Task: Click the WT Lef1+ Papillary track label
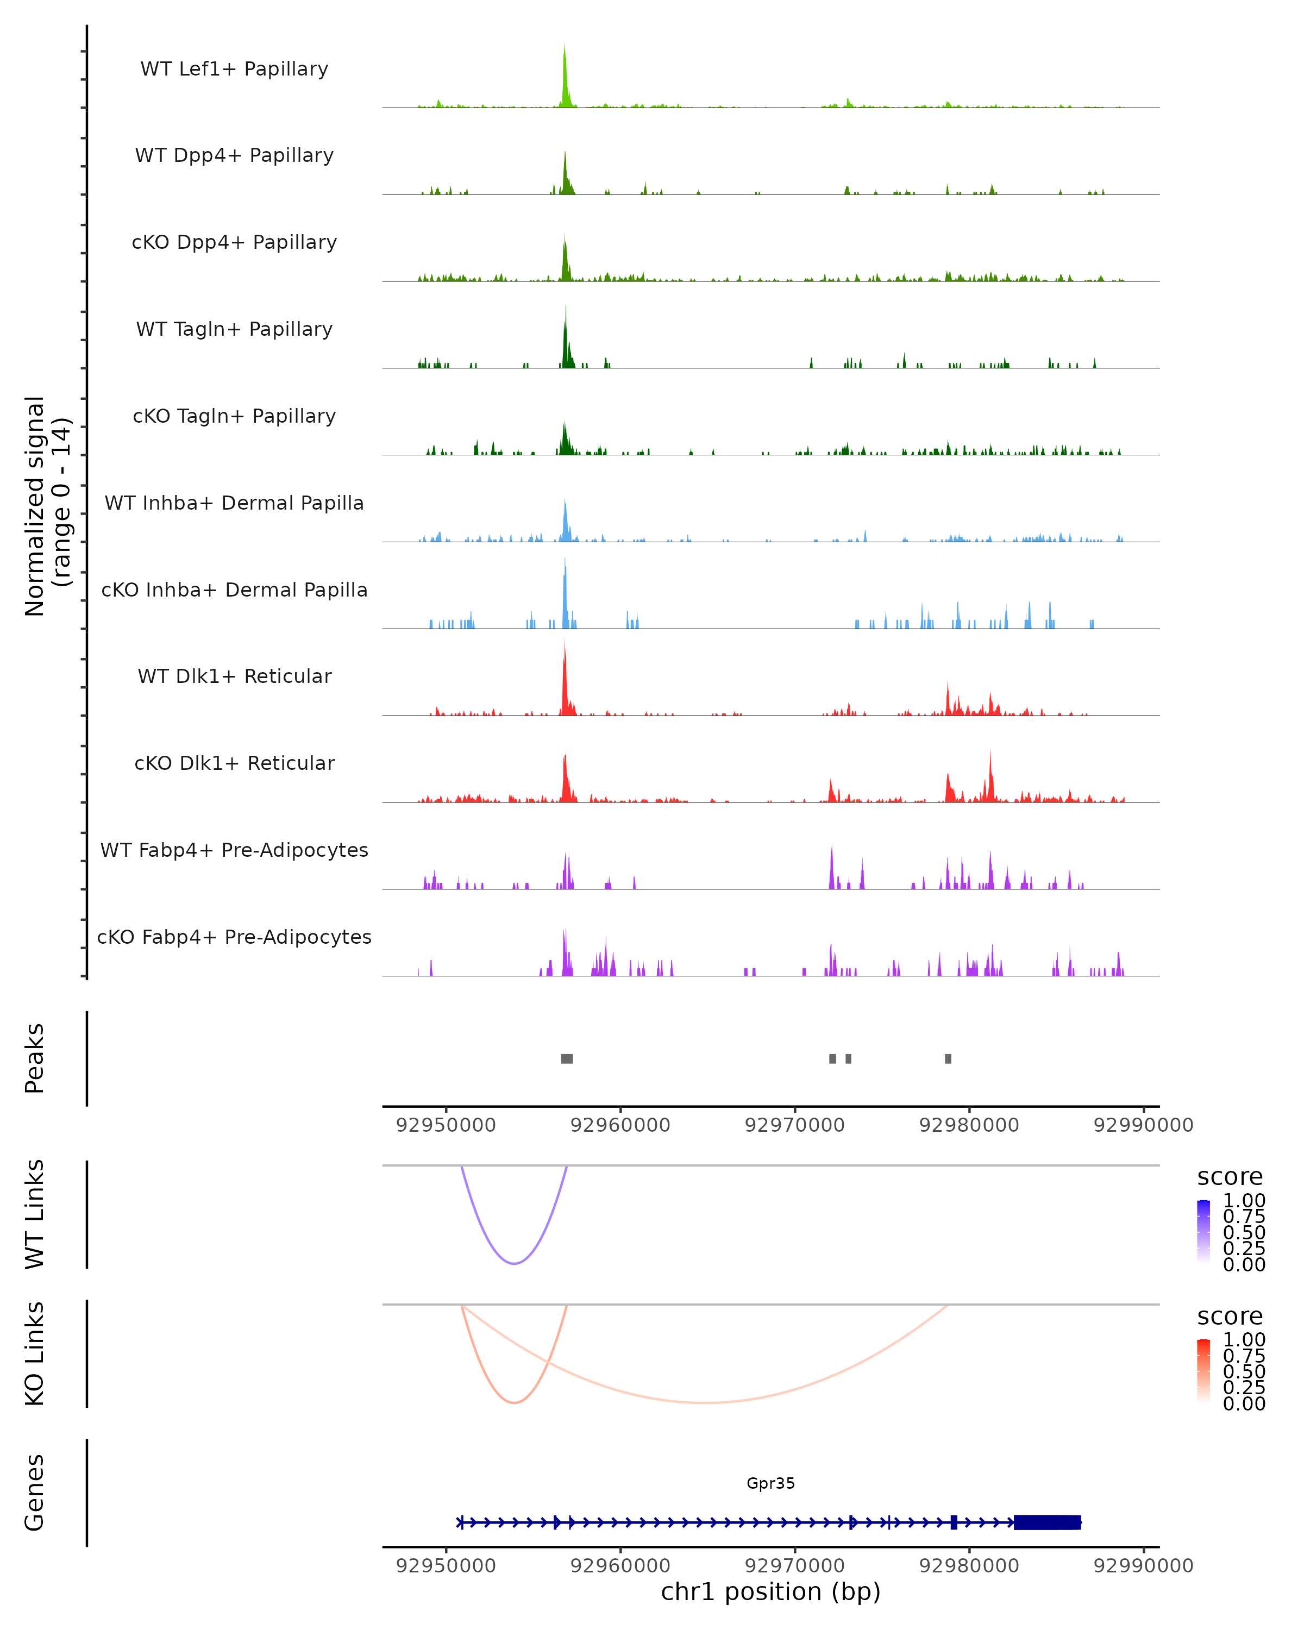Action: (x=234, y=69)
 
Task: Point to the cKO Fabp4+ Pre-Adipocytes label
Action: (x=234, y=937)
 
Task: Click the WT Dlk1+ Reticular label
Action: (x=234, y=676)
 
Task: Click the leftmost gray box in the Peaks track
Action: (x=567, y=1058)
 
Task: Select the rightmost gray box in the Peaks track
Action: (x=948, y=1058)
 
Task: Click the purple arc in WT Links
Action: (x=514, y=1263)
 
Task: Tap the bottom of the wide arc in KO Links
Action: (x=705, y=1402)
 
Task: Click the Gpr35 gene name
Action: (x=770, y=1483)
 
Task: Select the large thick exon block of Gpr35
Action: (x=1047, y=1522)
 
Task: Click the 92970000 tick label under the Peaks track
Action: (x=794, y=1125)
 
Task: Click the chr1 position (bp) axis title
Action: (x=770, y=1591)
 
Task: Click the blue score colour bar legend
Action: (x=1203, y=1231)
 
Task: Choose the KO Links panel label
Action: (x=35, y=1353)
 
